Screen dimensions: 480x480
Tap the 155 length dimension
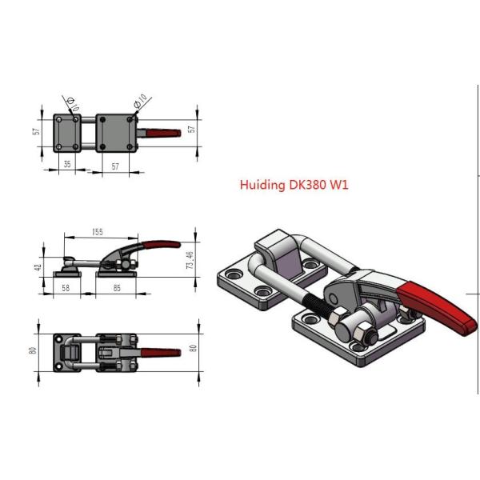(x=98, y=232)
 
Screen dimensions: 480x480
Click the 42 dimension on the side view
(x=38, y=267)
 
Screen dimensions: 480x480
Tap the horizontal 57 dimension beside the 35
(x=114, y=166)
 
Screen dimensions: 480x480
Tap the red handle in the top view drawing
(x=166, y=130)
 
